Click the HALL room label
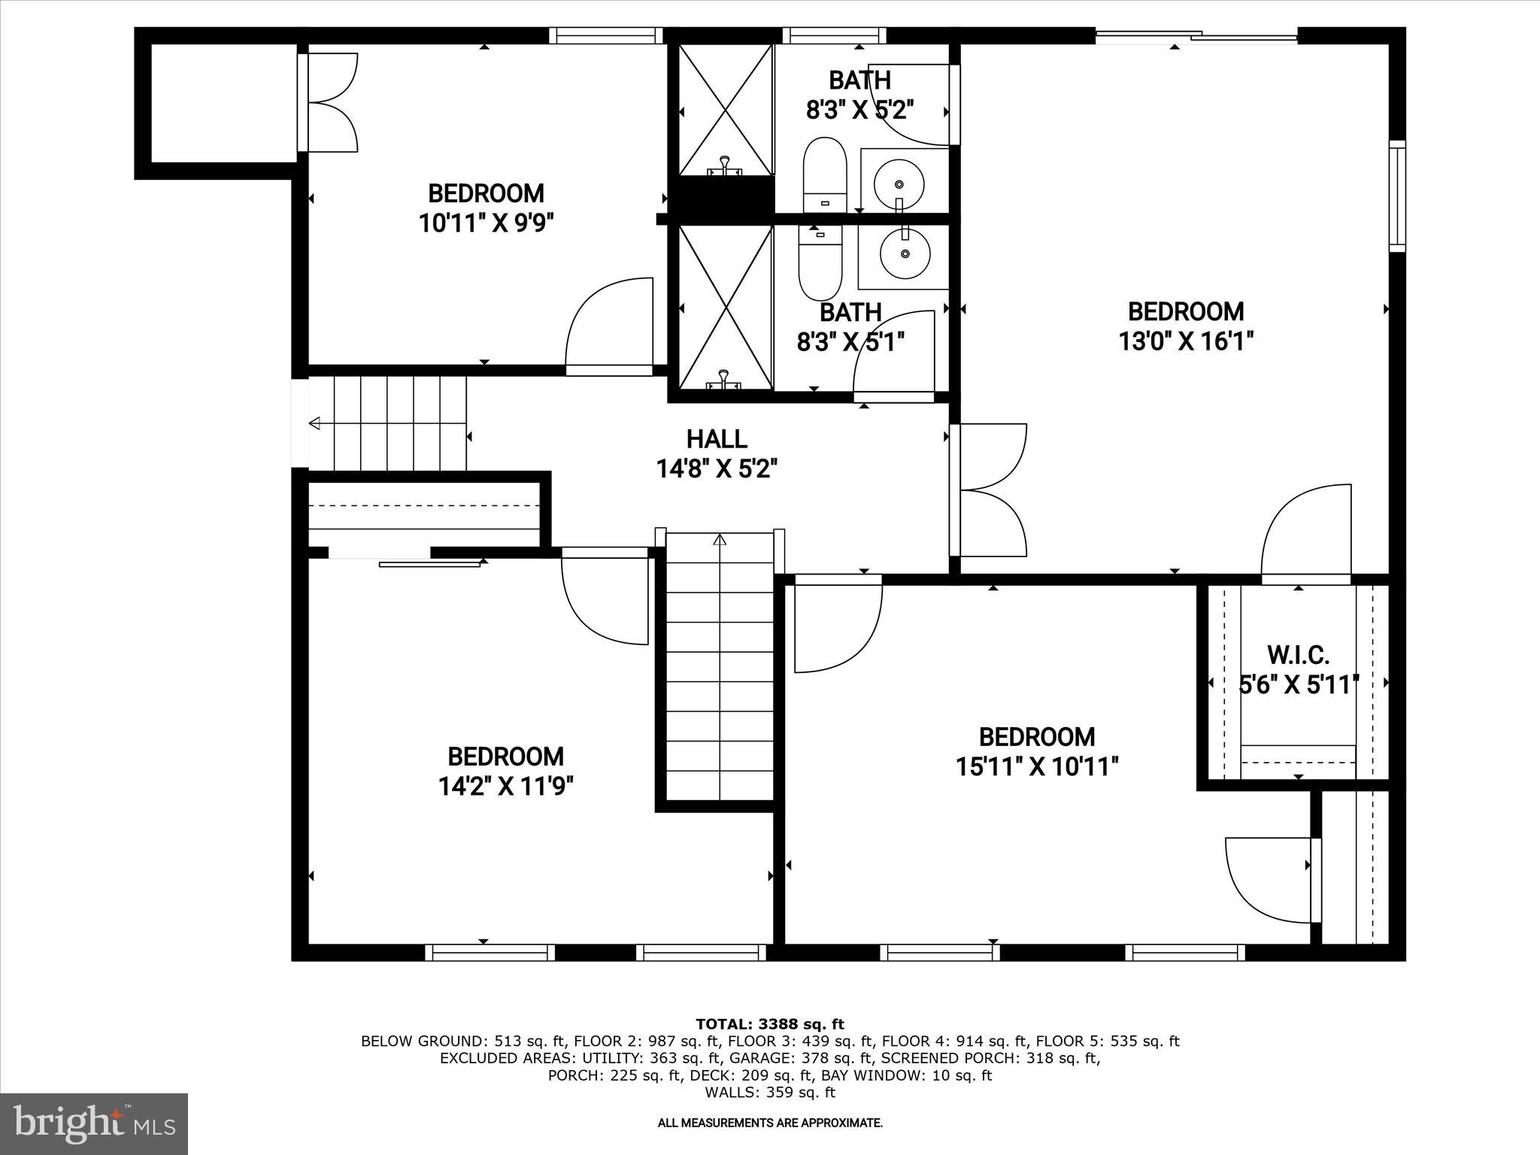(716, 438)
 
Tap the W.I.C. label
(1298, 654)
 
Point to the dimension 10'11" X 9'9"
(486, 223)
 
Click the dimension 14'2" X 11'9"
(505, 787)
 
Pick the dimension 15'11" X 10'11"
(1037, 767)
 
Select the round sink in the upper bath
(899, 183)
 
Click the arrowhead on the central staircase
(720, 539)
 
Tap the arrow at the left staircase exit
(315, 424)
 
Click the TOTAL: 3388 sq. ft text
(769, 1024)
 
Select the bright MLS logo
(94, 1123)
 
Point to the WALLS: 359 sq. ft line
(769, 1093)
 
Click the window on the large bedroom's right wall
(1396, 196)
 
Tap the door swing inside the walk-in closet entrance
(1307, 530)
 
